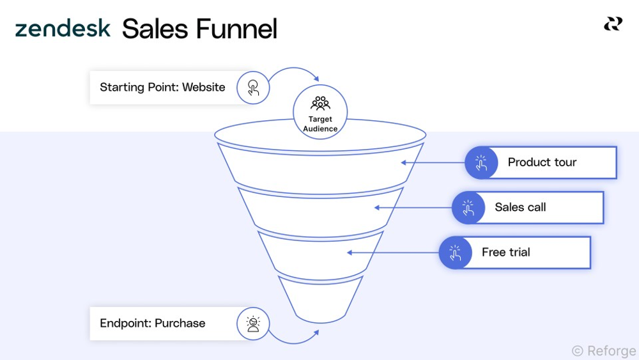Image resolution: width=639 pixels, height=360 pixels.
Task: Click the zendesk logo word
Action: coord(63,29)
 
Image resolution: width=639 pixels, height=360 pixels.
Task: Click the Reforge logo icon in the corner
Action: coord(613,24)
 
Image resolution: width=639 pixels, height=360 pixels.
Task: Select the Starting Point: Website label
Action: coord(162,87)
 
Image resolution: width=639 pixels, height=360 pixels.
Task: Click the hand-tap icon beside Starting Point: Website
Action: coord(253,88)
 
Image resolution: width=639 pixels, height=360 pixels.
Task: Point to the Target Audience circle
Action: coord(320,113)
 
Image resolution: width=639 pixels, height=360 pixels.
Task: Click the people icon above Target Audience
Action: coord(320,102)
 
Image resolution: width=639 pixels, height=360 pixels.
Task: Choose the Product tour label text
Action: coord(542,162)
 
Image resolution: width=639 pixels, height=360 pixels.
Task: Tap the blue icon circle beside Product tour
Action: coord(481,162)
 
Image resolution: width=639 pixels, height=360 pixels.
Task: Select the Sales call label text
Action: coord(520,207)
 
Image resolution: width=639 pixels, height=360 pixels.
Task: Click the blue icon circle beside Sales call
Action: coord(468,207)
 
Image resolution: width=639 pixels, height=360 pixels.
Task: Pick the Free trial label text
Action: coord(505,252)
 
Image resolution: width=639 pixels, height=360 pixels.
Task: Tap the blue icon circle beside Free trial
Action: coord(455,252)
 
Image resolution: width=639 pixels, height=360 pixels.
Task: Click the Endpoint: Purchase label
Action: coord(152,323)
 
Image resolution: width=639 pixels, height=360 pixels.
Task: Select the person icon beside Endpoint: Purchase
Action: coord(253,324)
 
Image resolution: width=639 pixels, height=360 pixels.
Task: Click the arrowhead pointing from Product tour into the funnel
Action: coord(404,162)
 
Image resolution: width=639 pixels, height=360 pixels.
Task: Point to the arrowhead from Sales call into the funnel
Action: coord(378,207)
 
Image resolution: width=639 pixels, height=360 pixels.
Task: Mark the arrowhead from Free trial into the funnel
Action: coord(350,253)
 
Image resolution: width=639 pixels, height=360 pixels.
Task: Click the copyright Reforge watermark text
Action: coord(603,350)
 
